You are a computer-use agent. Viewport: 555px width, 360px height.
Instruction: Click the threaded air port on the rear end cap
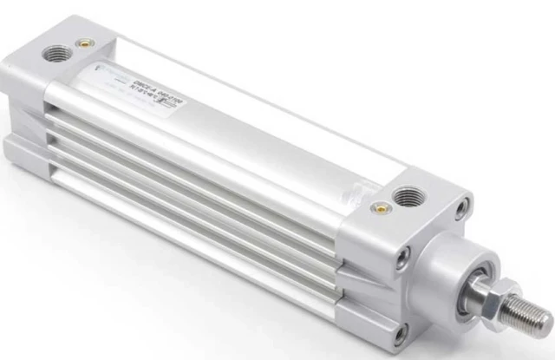[56, 54]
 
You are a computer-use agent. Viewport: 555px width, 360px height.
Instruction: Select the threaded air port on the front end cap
[407, 197]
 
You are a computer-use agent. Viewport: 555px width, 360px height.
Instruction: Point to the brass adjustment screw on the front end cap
[379, 207]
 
